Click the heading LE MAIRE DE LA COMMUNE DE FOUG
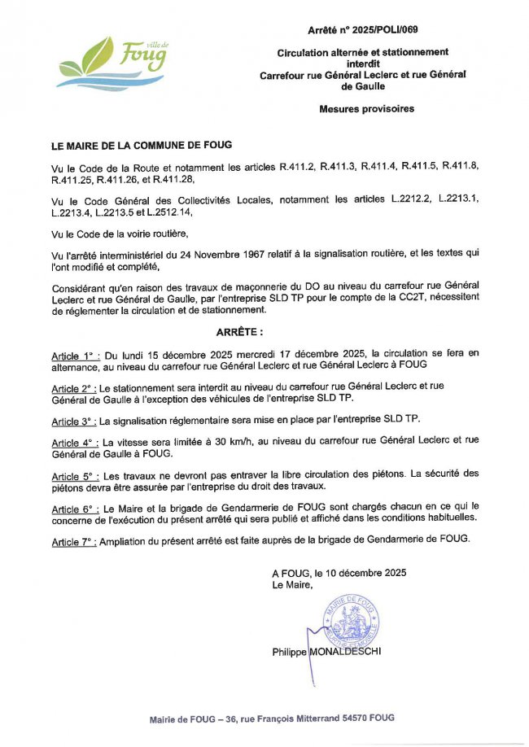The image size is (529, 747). (x=142, y=146)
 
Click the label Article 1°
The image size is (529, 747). (x=75, y=355)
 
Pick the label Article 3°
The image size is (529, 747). (x=75, y=421)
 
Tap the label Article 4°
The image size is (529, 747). (x=75, y=444)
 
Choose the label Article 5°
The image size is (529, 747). (x=75, y=474)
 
